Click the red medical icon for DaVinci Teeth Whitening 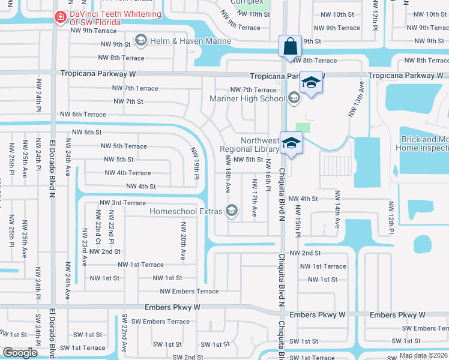click(59, 18)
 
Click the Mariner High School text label click(247, 98)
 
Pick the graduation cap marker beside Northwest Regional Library click(291, 143)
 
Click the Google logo click(20, 352)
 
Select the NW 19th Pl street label click(195, 163)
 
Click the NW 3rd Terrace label click(122, 203)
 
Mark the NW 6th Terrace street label click(83, 115)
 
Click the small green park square click(304, 127)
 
